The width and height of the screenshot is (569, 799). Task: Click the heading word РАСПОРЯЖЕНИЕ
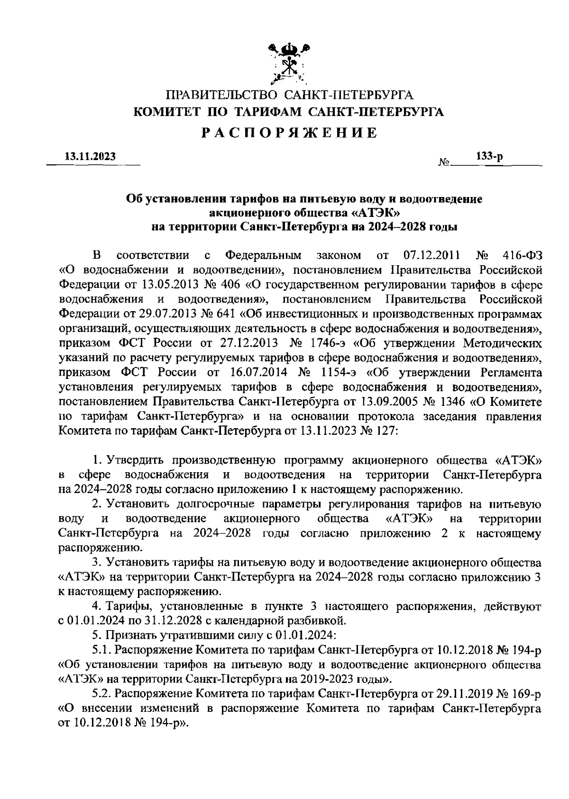pyautogui.click(x=289, y=133)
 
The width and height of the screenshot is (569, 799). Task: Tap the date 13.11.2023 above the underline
pyautogui.click(x=90, y=157)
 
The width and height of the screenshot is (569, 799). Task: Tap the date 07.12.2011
pyautogui.click(x=431, y=256)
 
